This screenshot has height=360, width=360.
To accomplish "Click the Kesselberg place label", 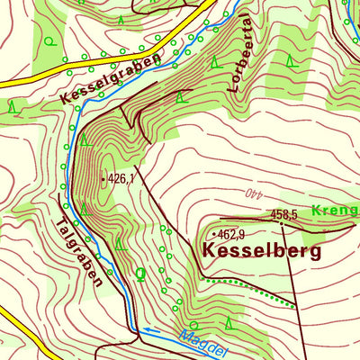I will point(262,253).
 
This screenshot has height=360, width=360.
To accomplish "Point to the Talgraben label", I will point(77,251).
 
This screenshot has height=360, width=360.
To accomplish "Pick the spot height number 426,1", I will point(121,179).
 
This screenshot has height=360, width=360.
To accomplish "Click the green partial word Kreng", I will point(335,210).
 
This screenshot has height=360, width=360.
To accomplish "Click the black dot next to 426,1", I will point(103,179).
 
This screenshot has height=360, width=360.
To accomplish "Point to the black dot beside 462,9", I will point(213,234).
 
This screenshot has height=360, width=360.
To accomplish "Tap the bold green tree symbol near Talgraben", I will point(139,273).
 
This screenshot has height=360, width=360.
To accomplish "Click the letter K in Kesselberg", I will point(211,253).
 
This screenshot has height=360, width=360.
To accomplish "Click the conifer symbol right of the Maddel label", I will point(229,321).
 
